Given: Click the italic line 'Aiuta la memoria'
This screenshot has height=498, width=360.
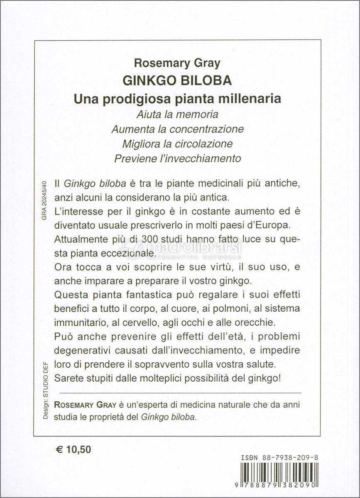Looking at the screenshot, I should (x=177, y=114).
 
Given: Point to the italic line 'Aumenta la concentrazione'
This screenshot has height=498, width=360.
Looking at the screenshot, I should (x=177, y=129).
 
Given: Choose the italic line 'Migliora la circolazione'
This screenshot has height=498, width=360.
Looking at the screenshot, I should (x=177, y=144).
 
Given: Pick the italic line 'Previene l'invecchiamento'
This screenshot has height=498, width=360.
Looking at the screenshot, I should (x=177, y=158).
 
